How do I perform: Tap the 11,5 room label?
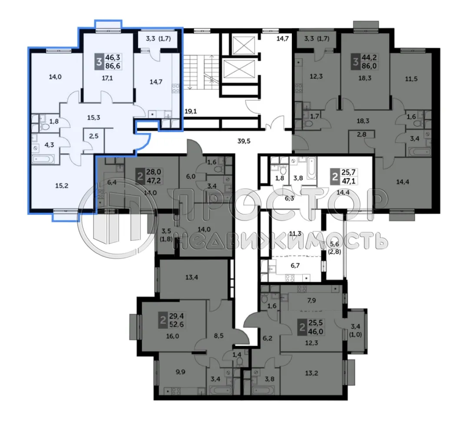click(x=410, y=80)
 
